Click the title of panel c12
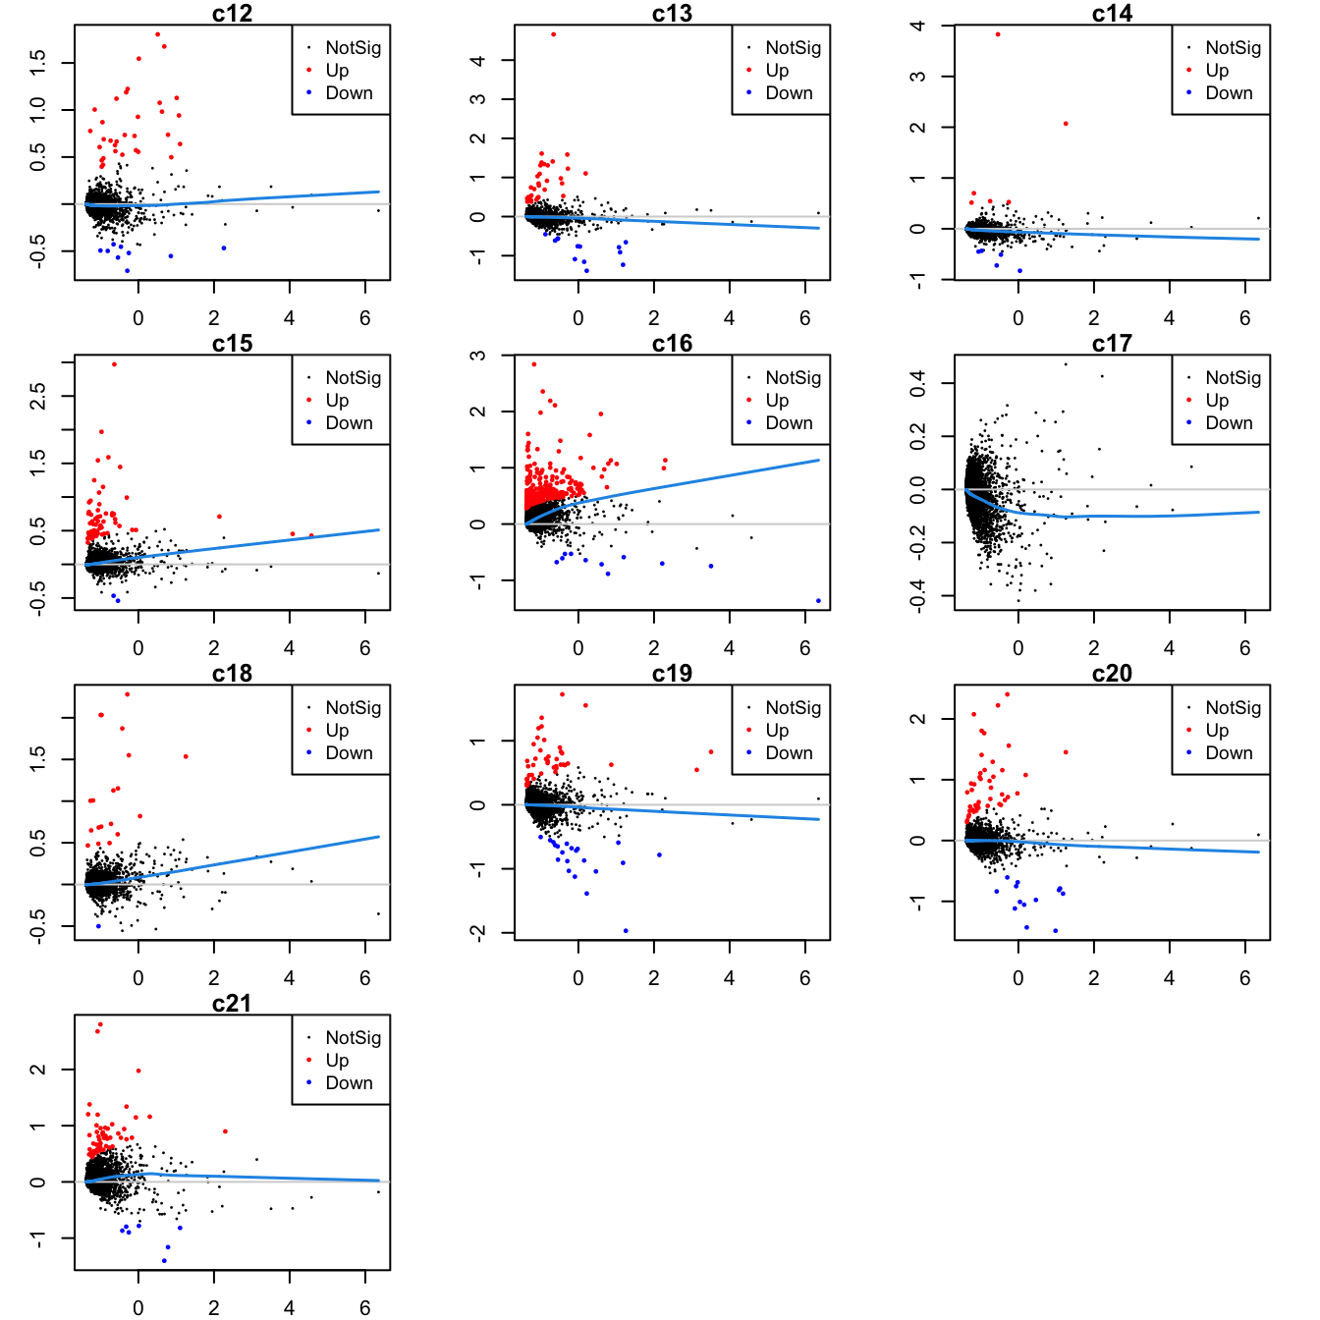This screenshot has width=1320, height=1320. [232, 13]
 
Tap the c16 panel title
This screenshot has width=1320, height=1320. [672, 343]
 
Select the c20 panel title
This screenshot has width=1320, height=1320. [1112, 673]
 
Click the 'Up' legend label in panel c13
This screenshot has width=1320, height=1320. [777, 70]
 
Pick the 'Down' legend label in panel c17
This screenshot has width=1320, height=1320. [1229, 422]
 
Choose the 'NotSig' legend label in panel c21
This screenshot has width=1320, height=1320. [353, 1037]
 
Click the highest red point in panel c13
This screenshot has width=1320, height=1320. [553, 34]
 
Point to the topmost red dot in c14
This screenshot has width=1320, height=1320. [998, 34]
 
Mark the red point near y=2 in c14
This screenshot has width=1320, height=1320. [1066, 124]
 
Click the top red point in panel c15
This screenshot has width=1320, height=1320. [114, 364]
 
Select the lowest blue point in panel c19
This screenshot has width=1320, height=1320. [626, 931]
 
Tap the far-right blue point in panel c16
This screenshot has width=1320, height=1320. [818, 601]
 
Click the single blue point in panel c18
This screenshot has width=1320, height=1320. [98, 926]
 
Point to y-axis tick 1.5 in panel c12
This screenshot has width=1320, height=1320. [37, 63]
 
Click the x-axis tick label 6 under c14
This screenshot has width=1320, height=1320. [1244, 318]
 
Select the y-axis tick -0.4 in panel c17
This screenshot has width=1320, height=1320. [917, 595]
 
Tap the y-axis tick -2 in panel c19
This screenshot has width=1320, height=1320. [477, 932]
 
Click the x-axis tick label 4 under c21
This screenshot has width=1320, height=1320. [289, 1307]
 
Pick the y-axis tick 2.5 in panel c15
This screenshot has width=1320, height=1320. [37, 396]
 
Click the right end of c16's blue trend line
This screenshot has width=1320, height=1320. [818, 460]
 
